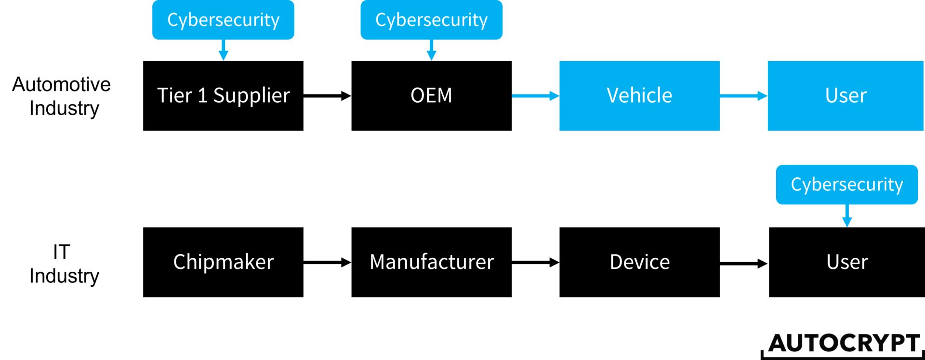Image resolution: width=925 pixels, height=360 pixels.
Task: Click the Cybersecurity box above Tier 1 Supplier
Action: tap(223, 20)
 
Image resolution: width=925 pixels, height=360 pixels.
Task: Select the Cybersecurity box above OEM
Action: tap(431, 20)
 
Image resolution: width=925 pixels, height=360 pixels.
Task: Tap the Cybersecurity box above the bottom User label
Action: tap(846, 185)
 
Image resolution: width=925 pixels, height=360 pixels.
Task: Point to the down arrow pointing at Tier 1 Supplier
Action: tap(223, 51)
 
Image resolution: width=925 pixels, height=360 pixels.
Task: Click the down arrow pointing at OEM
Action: tap(431, 51)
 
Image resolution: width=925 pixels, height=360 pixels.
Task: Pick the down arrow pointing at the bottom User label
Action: tap(847, 217)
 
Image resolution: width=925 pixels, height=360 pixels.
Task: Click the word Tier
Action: tap(174, 95)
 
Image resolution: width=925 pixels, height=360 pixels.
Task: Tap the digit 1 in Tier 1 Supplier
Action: tap(203, 95)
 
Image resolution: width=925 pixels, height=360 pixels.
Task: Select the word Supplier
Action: tap(251, 95)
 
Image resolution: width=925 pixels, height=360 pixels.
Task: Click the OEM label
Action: tap(431, 95)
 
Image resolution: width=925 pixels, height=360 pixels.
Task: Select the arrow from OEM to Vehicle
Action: tap(535, 96)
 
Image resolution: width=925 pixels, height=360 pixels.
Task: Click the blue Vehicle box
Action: tap(639, 95)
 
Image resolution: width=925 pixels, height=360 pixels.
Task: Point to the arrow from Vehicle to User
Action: tap(743, 96)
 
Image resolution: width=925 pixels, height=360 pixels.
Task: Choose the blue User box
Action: tap(846, 95)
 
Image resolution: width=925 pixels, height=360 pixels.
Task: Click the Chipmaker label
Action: tap(223, 262)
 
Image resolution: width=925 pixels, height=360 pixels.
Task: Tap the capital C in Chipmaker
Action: tap(179, 262)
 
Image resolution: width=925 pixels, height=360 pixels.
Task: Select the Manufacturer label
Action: tap(432, 262)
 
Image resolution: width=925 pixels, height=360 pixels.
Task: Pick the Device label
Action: tap(639, 262)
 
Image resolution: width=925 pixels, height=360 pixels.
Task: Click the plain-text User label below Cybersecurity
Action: tap(847, 262)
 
